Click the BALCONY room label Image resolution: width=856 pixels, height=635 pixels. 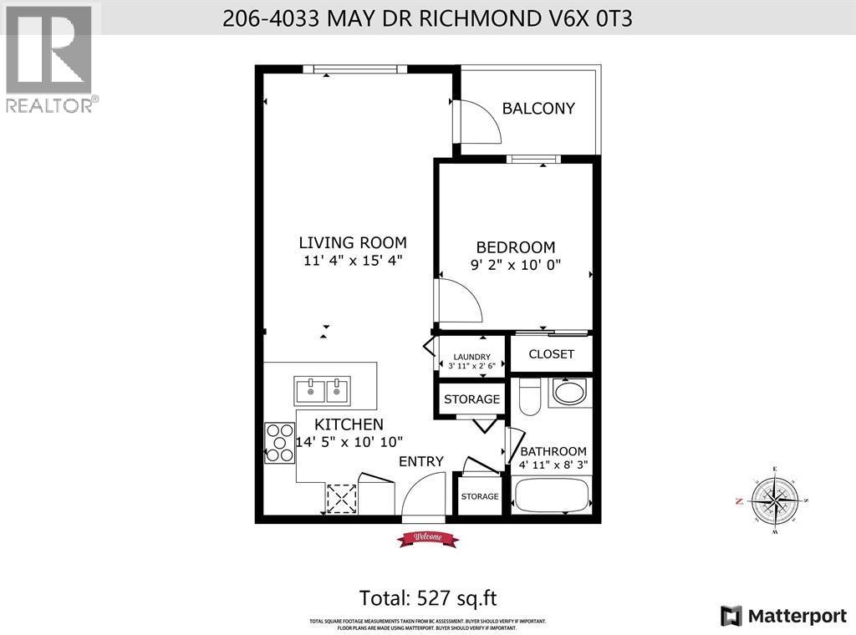tap(538, 108)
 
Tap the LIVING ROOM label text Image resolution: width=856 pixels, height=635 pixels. tap(353, 243)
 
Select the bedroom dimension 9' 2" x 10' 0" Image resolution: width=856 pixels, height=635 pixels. tap(515, 265)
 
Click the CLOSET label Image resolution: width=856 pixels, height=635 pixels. tap(551, 353)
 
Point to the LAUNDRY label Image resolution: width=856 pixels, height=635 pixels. tap(471, 357)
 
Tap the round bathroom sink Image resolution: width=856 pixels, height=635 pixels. tap(570, 394)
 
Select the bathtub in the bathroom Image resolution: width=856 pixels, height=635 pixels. tap(553, 495)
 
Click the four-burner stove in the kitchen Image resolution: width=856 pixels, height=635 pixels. tap(276, 443)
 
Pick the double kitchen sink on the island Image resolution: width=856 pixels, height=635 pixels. tap(323, 390)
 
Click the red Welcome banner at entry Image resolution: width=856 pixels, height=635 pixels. tap(427, 539)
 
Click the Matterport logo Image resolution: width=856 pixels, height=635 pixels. tap(784, 616)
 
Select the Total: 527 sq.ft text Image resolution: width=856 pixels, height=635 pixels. tap(428, 598)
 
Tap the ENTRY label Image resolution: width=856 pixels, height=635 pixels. tap(420, 461)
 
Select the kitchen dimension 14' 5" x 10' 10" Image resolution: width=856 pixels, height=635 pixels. tap(349, 441)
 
